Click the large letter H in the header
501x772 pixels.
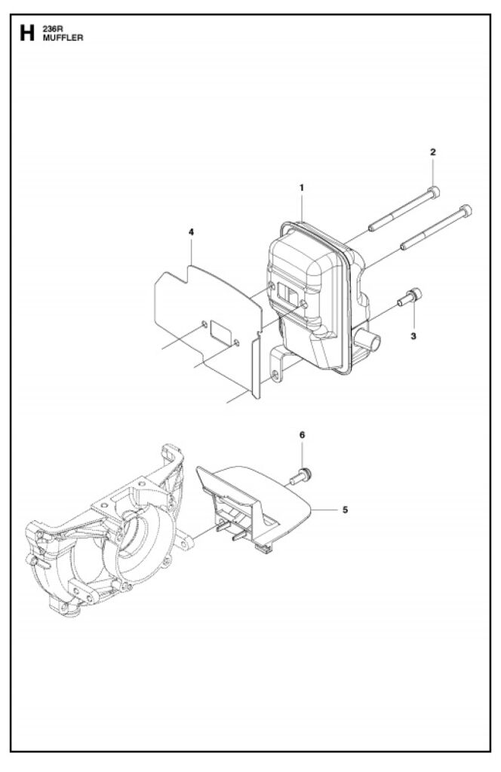pos(27,33)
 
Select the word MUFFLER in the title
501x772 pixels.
pos(63,38)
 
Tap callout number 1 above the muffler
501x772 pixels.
pos(302,187)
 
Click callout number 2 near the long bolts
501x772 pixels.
pos(433,152)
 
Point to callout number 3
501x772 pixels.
pos(413,335)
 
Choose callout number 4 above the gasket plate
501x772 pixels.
pos(191,232)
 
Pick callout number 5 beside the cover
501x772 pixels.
pos(345,510)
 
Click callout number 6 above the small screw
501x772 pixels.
pos(302,435)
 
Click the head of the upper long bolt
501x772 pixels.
pos(434,191)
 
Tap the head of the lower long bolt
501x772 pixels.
pos(466,211)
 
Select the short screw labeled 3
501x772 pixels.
pos(410,297)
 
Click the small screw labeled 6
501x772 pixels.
pos(301,476)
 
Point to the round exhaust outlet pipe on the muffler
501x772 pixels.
pos(367,340)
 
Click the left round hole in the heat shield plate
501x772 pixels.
pos(204,324)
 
